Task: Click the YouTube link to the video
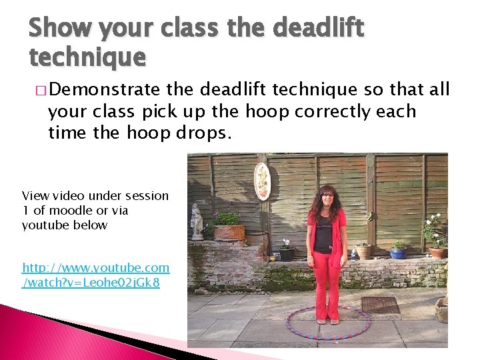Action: [95, 275]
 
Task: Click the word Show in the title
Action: [59, 29]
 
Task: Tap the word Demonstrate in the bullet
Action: [106, 89]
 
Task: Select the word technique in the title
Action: [87, 58]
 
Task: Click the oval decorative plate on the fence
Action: [263, 181]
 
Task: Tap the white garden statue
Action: [197, 222]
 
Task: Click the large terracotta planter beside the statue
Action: [229, 231]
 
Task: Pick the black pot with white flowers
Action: [287, 253]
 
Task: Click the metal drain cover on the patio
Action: [379, 305]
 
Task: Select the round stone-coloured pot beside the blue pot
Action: [364, 251]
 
